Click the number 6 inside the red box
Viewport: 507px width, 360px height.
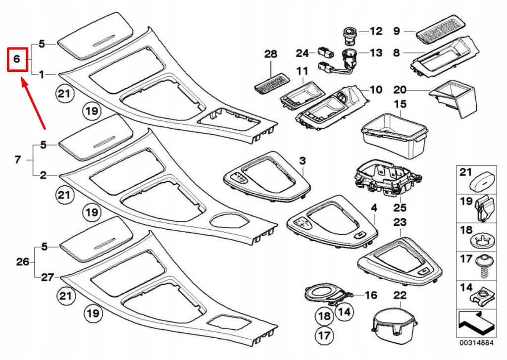pos(16,59)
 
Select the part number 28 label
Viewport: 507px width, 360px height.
pos(271,54)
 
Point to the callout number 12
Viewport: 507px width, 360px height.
pos(376,31)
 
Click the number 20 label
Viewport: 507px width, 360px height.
pos(400,90)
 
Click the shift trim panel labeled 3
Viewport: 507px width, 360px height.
pos(266,181)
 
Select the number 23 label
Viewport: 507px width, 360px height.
pos(400,223)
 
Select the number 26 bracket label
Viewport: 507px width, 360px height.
pos(23,261)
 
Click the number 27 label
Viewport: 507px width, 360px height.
pos(47,277)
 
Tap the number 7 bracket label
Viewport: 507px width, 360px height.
pos(17,159)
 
